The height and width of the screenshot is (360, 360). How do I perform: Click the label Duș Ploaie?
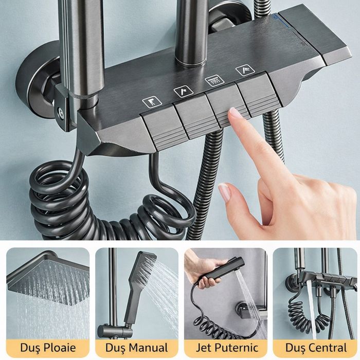coord(48,348)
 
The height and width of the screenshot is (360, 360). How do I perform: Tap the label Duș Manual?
coord(136,348)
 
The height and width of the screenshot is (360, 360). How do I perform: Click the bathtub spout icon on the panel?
coord(152,102)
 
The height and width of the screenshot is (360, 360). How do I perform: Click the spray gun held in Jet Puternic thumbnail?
coord(224,273)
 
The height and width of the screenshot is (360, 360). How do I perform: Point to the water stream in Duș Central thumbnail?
coord(310,309)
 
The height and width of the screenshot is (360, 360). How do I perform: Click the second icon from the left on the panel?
coord(183,92)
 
